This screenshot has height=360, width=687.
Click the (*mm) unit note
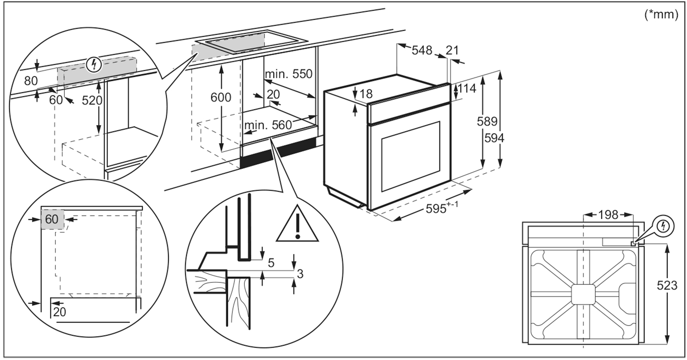pyautogui.click(x=661, y=15)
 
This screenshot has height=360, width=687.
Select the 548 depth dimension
pyautogui.click(x=422, y=50)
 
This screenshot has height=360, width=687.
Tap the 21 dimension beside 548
pyautogui.click(x=452, y=50)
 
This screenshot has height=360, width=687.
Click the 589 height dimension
pyautogui.click(x=487, y=122)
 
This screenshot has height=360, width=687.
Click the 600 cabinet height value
pyautogui.click(x=221, y=97)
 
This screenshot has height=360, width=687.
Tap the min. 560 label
pyautogui.click(x=268, y=125)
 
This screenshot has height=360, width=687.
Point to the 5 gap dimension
pyautogui.click(x=271, y=263)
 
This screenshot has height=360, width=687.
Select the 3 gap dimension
pyautogui.click(x=300, y=274)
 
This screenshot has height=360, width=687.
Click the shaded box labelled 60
pyautogui.click(x=51, y=219)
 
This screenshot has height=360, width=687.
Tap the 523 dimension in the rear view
pyautogui.click(x=667, y=286)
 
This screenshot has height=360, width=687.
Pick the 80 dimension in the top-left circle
pyautogui.click(x=31, y=81)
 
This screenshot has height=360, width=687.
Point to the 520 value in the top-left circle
pyautogui.click(x=92, y=100)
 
